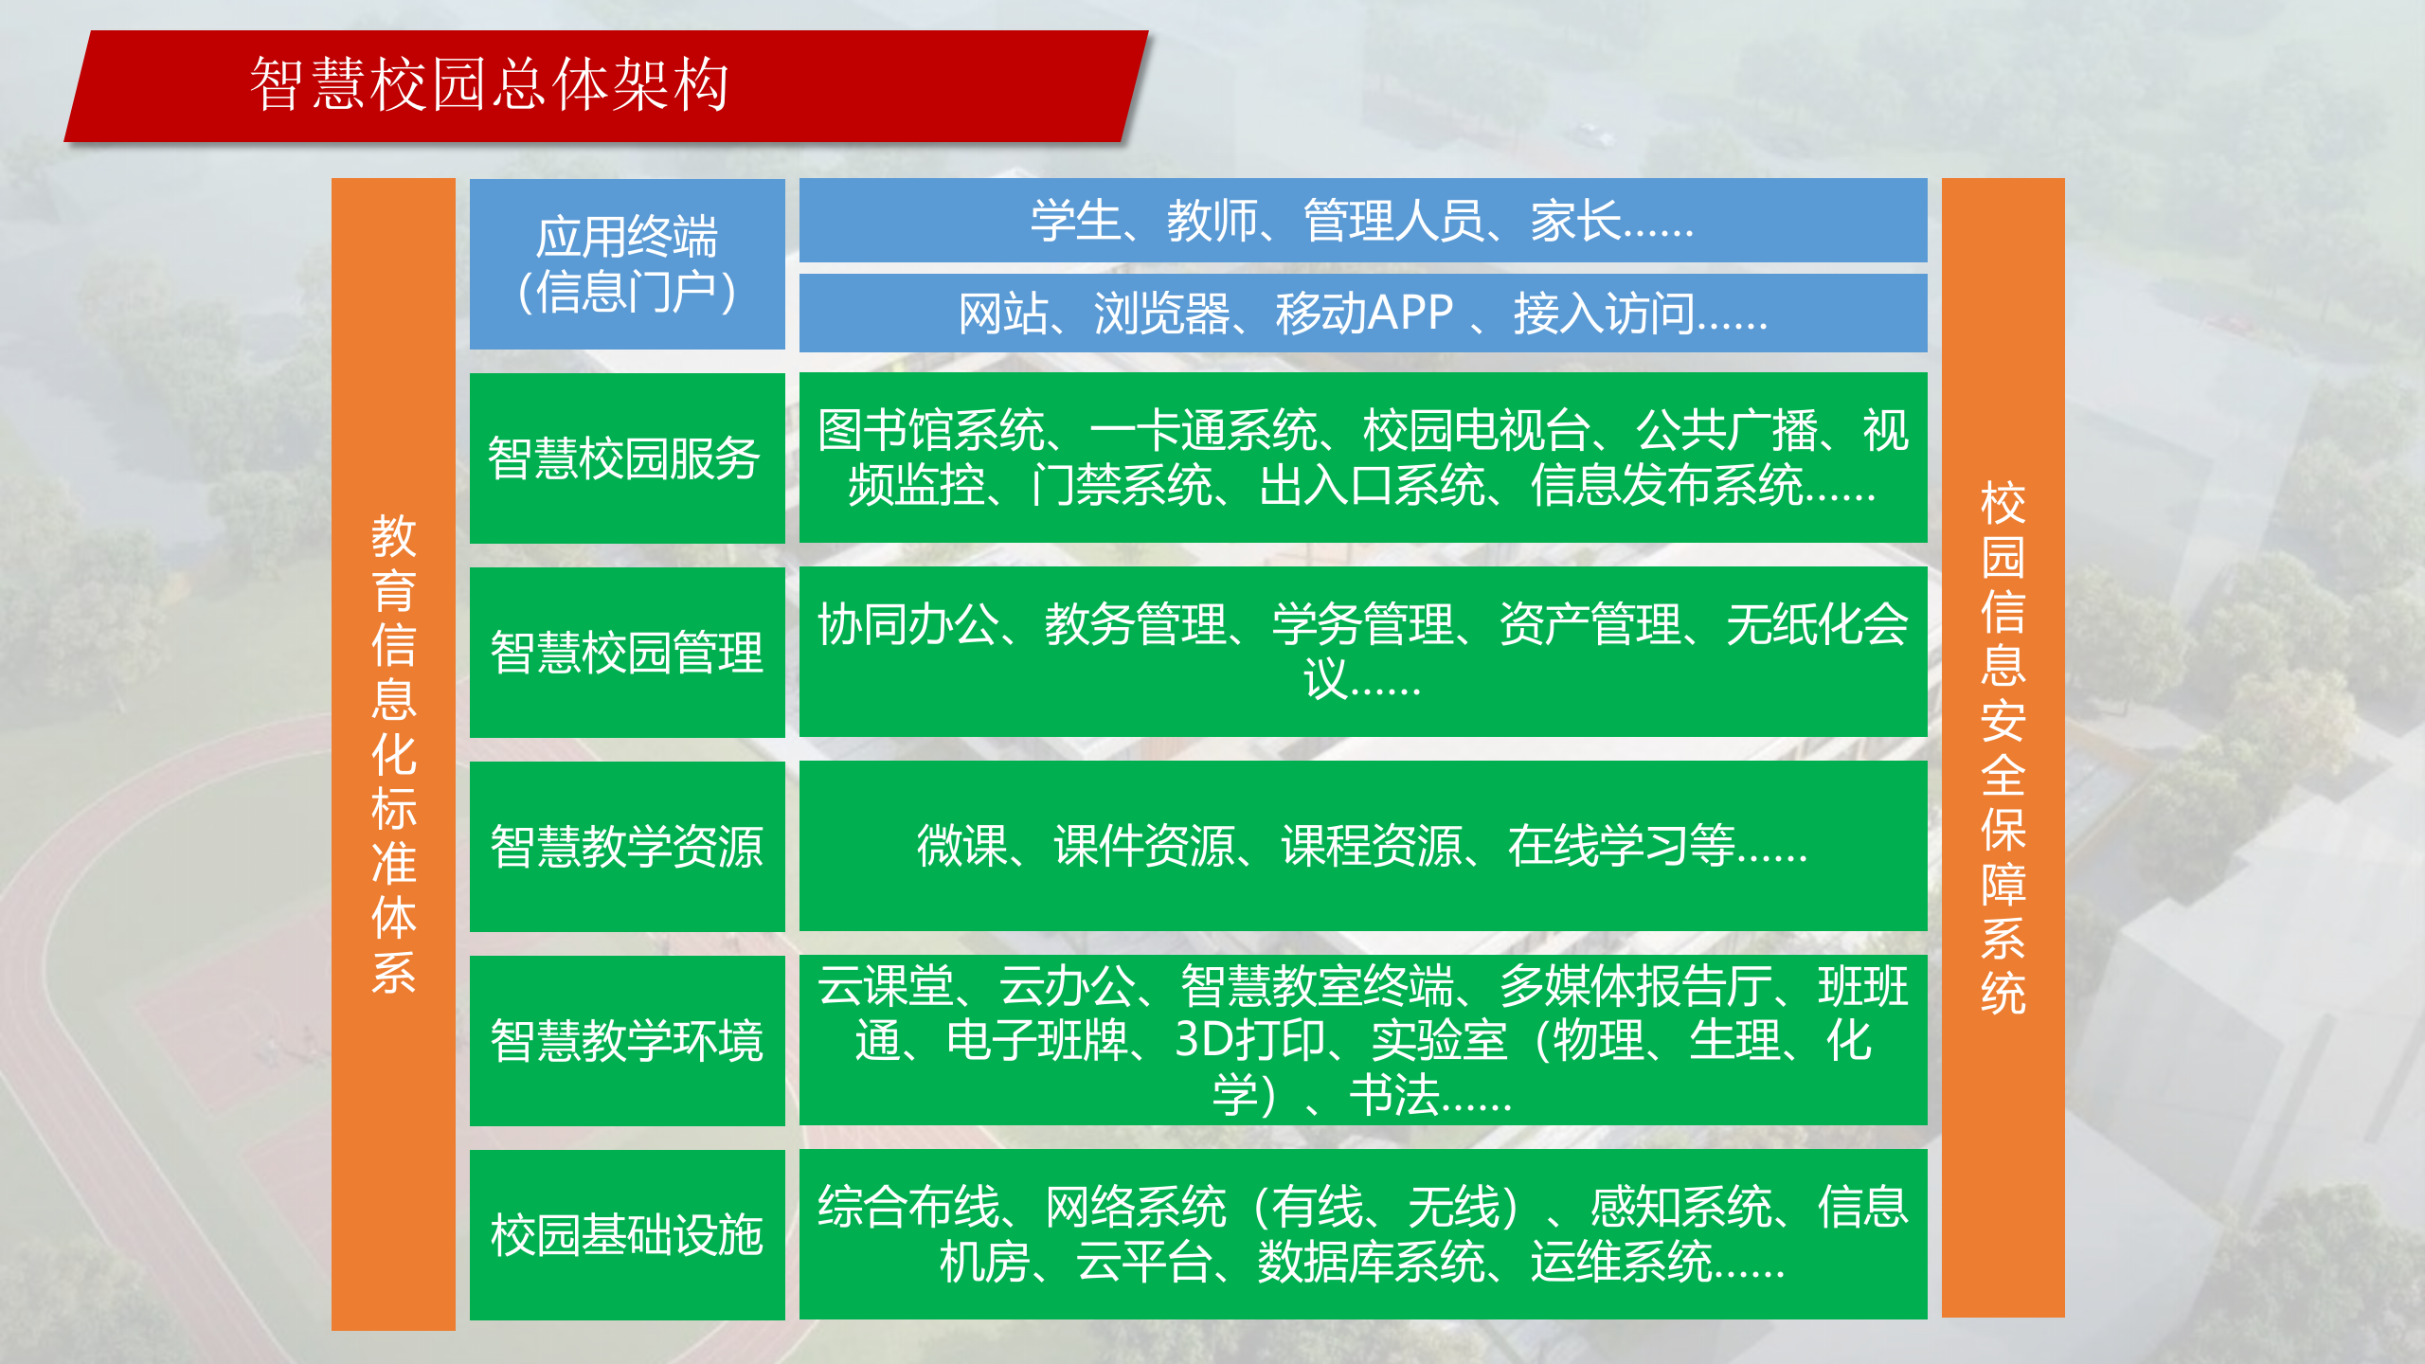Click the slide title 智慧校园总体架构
489,85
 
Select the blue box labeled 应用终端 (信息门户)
627,264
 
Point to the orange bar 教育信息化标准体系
393,754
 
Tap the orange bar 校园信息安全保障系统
2003,748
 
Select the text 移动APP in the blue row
1364,314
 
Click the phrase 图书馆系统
931,431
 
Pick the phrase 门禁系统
1122,486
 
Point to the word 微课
961,847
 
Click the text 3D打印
1249,1041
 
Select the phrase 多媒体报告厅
1636,986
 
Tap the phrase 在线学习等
1621,847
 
